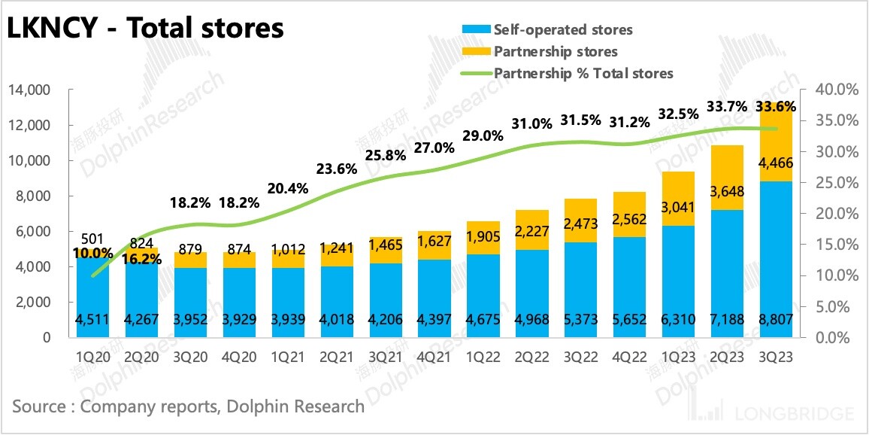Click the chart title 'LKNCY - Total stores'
tap(145, 28)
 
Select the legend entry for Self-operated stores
tap(562, 30)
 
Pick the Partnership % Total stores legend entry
tap(583, 73)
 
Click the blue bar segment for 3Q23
tap(777, 256)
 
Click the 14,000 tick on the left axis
tap(29, 90)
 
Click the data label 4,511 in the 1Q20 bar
tap(92, 319)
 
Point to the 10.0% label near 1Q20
tap(92, 254)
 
